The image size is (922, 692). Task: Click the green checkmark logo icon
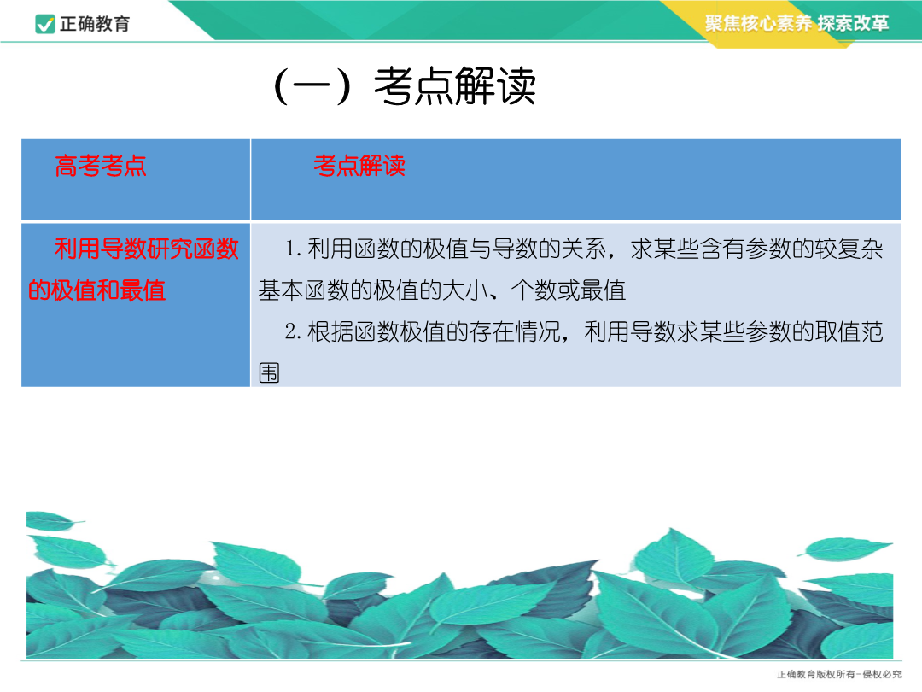pos(45,24)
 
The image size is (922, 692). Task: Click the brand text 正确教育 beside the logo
pos(95,24)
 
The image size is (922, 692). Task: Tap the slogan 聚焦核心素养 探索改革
pos(797,23)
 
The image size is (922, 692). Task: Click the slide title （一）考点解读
pos(405,86)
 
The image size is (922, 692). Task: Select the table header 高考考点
pos(101,166)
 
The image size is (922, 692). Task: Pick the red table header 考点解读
pos(359,166)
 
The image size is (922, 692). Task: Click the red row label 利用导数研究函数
pos(147,249)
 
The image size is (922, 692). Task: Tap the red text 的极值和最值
pos(97,290)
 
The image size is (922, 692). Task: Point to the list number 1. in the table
pos(294,249)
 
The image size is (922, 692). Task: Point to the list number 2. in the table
pos(294,331)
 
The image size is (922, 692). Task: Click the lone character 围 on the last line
pos(269,373)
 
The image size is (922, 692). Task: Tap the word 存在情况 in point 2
pos(515,331)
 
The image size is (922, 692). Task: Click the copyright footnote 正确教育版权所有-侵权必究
pos(839,674)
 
